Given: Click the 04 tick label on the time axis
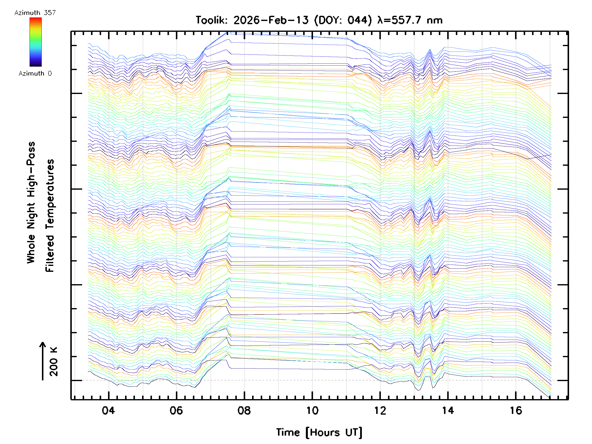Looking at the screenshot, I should coord(108,410).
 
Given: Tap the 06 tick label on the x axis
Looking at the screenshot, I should coord(176,410).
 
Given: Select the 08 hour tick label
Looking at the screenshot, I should coord(244,410).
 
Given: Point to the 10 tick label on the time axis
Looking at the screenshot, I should coord(312,410).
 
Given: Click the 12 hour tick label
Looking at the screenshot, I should coord(380,410).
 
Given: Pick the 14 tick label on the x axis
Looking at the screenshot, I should coord(448,410).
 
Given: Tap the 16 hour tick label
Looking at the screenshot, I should coord(516,410).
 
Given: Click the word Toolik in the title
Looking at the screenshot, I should coord(211,20).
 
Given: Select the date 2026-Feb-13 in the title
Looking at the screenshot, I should coord(271,20).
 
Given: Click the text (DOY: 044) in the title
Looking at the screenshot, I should coord(343,20).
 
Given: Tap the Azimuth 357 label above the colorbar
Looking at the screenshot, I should coord(35,13).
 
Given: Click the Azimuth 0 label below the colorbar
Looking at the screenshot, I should coord(35,73).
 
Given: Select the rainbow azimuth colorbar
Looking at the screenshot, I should coord(36,42).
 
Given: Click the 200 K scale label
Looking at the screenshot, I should coord(54,362).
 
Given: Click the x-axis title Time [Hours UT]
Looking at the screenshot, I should coord(319,432).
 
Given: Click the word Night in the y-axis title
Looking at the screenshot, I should coord(31,216).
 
